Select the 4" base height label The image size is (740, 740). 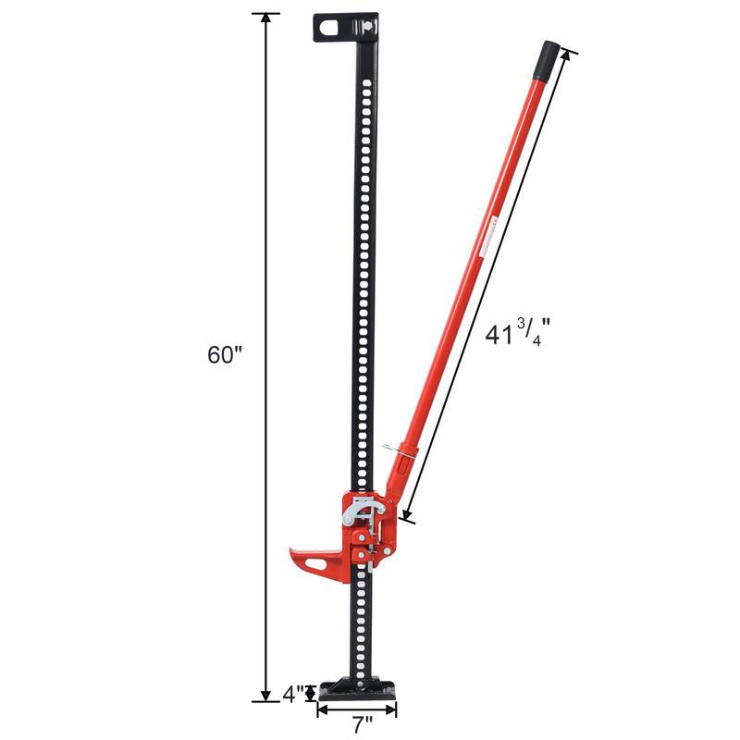click(293, 693)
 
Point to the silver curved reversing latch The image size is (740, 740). click(357, 508)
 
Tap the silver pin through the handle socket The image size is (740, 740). click(404, 450)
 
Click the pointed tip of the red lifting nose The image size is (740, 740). click(290, 551)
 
